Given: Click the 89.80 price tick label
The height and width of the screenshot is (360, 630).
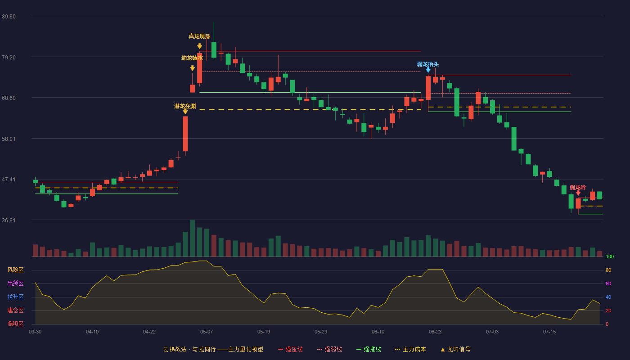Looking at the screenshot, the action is point(9,16).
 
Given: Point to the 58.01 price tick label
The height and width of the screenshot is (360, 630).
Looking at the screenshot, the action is point(9,139).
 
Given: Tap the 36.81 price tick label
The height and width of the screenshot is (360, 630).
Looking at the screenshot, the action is point(9,220).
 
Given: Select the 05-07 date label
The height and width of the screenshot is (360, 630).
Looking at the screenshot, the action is point(207,332).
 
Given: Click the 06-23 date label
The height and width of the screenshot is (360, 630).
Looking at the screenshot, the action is point(435,332).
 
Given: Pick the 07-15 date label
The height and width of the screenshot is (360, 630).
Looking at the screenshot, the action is point(549,332).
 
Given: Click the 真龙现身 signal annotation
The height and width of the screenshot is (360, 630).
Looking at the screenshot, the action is point(199,36).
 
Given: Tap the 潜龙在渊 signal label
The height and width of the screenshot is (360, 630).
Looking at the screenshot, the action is point(185,106).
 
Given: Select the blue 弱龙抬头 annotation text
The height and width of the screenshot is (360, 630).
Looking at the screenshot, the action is point(428,64).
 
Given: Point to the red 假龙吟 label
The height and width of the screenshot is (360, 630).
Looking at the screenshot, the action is point(578,188).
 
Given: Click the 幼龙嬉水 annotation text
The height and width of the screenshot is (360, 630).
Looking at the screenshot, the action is point(192,58).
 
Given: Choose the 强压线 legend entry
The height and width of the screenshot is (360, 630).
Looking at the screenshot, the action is point(290,349).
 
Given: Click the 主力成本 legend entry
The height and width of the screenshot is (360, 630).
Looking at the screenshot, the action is point(410,349).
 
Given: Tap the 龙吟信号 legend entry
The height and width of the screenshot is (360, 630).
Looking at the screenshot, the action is point(455,349).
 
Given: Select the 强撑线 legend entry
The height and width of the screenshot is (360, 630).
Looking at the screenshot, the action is point(369,349).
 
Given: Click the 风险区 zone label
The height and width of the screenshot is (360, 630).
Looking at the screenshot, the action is point(15,270).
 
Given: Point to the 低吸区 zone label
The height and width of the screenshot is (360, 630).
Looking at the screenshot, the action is point(15,324).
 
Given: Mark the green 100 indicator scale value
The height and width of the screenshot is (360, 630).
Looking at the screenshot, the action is point(610,256).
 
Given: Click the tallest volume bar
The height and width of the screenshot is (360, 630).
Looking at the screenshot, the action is point(193,238).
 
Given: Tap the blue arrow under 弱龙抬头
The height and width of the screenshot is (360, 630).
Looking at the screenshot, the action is point(428,70).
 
